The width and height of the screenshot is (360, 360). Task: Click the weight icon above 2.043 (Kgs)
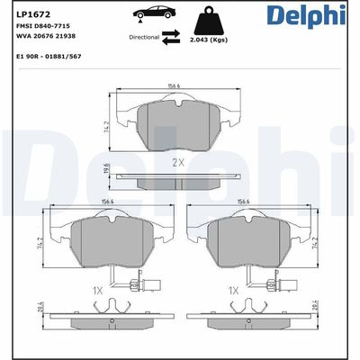(208, 21)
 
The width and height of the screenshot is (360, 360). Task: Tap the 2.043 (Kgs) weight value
(208, 40)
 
